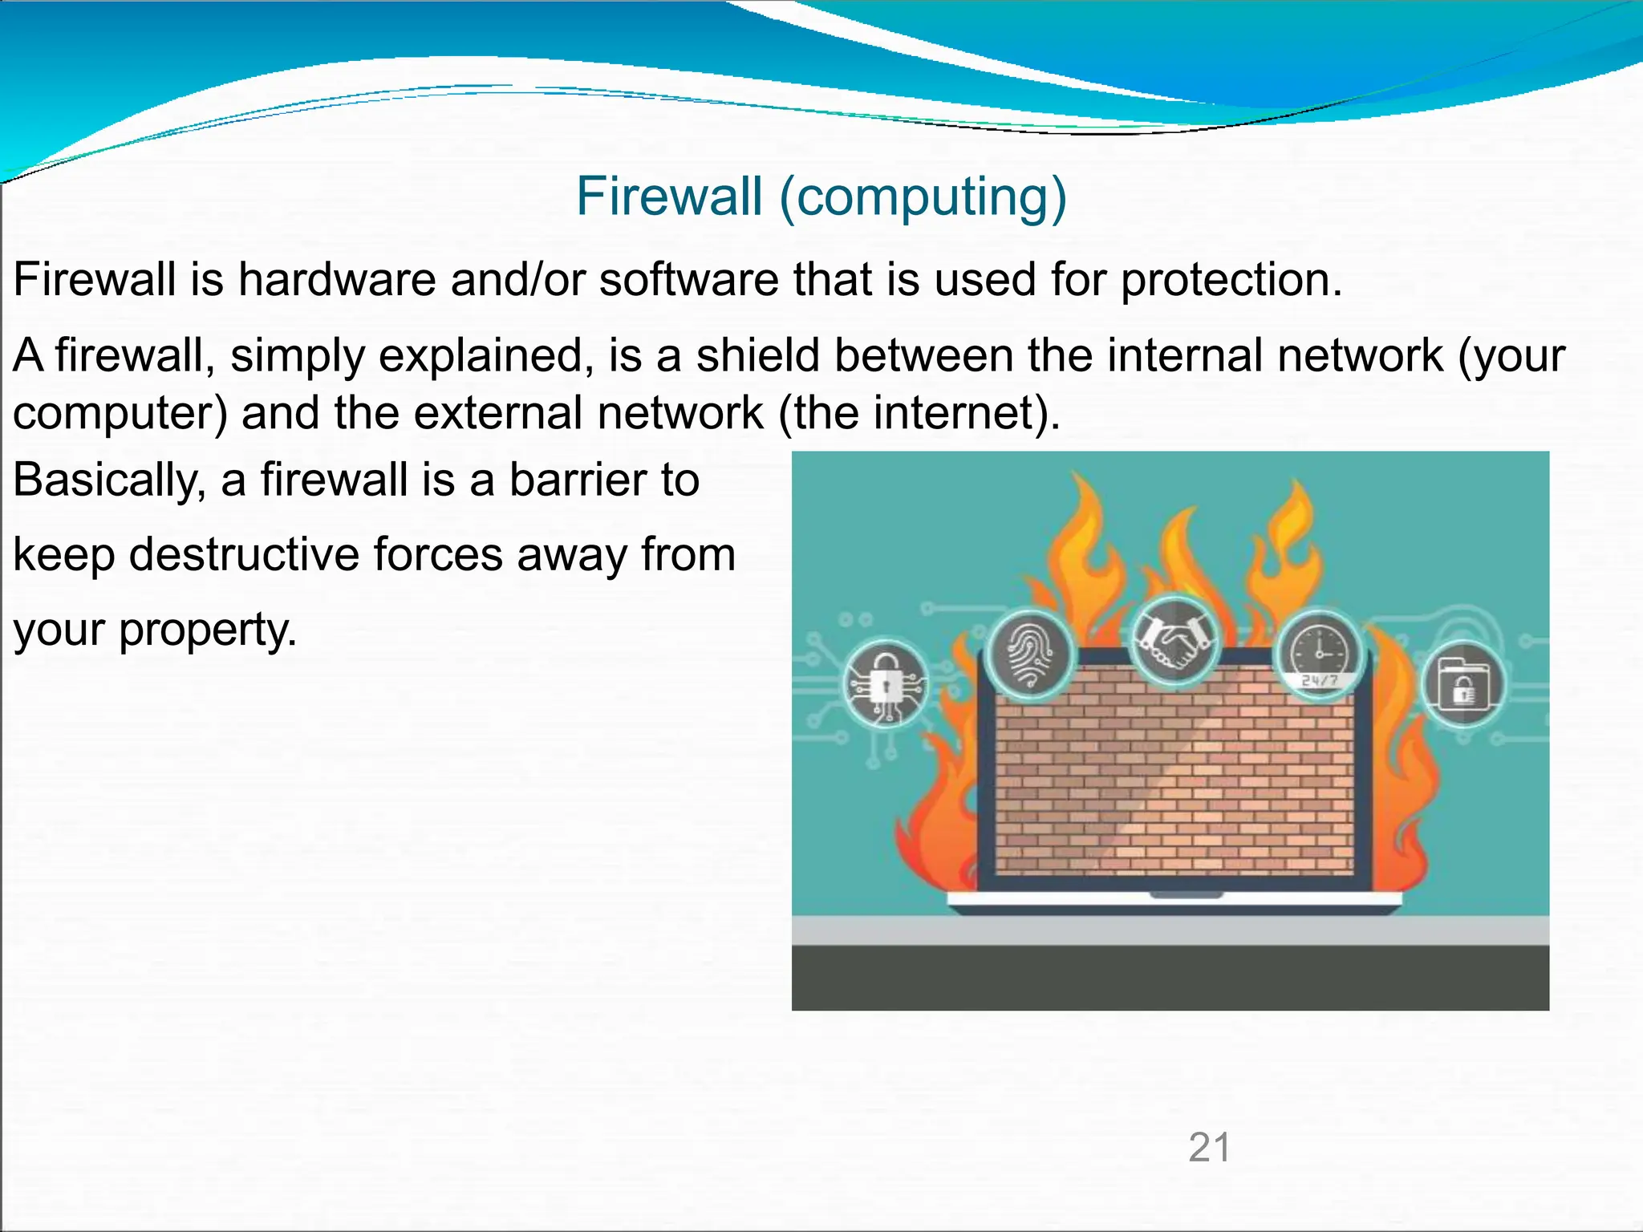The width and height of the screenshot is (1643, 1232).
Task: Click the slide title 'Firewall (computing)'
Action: pos(821,197)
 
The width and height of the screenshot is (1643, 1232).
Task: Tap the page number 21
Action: pos(1209,1147)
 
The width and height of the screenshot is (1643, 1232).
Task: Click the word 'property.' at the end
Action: pos(208,630)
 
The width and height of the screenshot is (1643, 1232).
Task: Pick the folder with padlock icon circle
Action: pos(1462,684)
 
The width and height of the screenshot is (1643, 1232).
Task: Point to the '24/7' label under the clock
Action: pos(1319,680)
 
